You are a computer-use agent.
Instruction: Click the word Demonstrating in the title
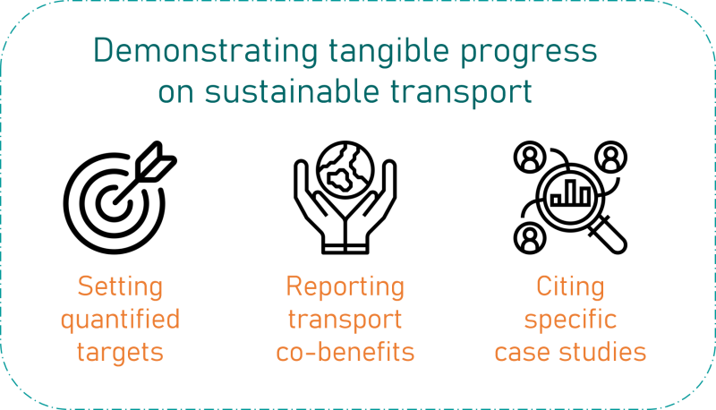[206, 51]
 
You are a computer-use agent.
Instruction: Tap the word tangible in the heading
[389, 51]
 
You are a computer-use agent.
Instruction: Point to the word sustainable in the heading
[292, 90]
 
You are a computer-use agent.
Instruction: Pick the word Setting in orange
[120, 287]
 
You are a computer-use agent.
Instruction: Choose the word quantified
[121, 320]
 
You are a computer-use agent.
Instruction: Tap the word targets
[120, 353]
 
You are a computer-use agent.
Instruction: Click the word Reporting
[345, 287]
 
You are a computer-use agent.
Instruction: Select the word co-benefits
[345, 352]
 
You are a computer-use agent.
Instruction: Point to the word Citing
[570, 287]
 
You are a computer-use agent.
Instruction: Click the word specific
[570, 320]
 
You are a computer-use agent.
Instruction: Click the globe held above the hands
[345, 170]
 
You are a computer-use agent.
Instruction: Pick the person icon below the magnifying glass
[530, 238]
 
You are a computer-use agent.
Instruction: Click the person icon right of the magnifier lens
[611, 157]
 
